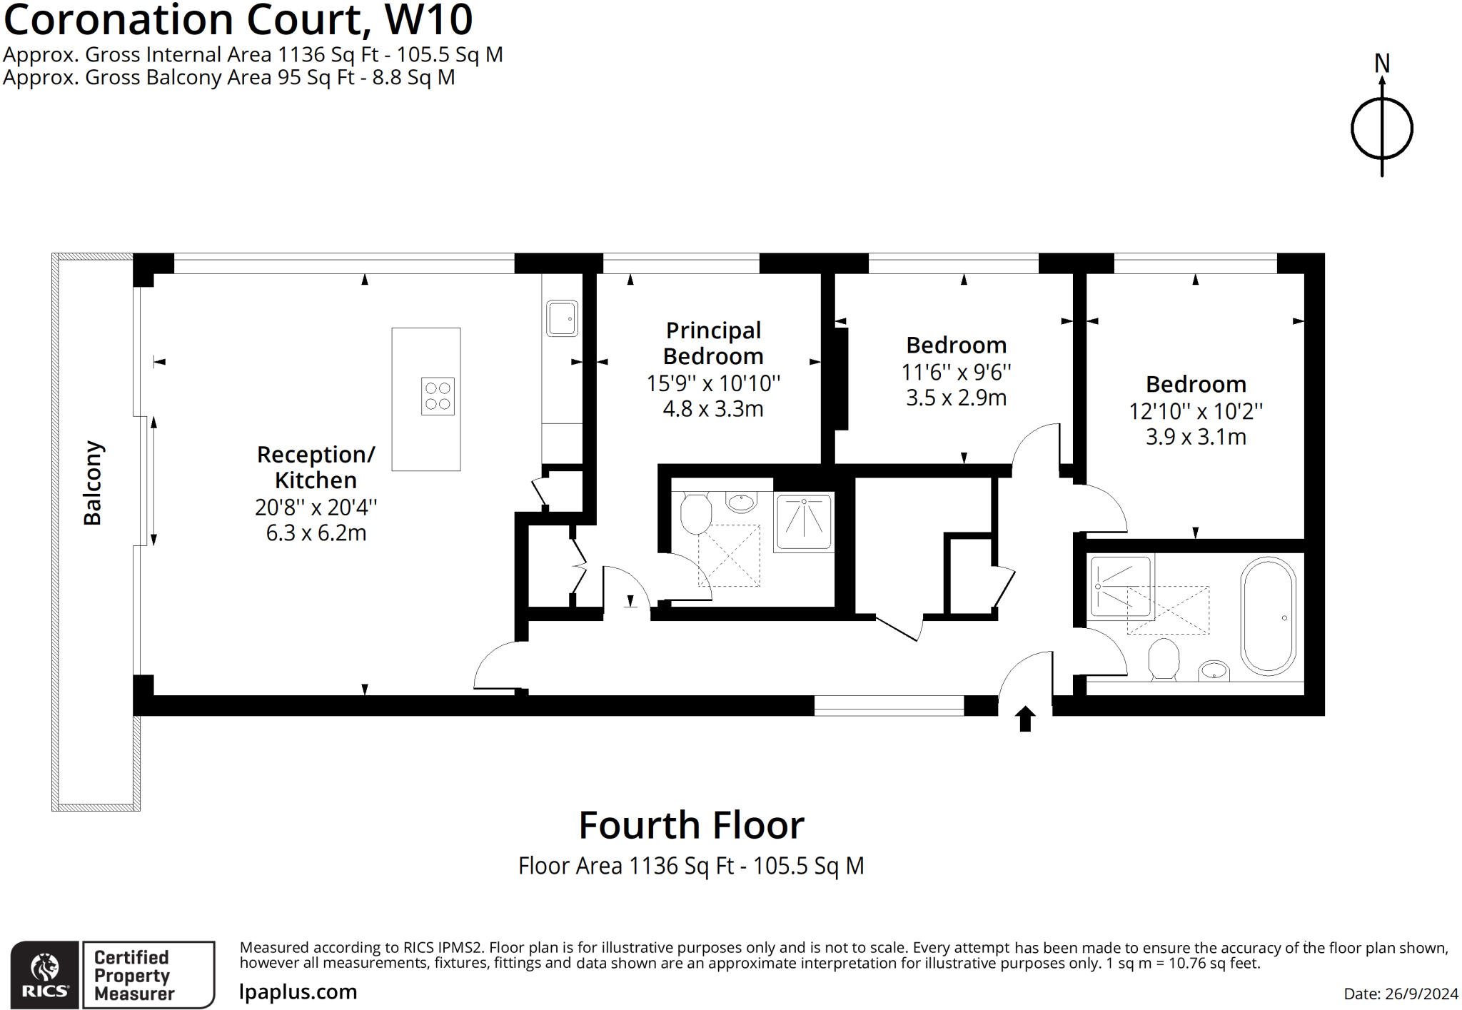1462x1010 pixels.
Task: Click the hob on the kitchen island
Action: [438, 396]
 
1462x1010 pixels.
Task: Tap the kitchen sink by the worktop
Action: [562, 318]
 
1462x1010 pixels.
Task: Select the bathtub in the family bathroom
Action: [1269, 616]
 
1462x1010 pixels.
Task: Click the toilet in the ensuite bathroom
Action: [695, 514]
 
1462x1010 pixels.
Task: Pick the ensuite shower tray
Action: [804, 522]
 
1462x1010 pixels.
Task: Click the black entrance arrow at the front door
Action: [1025, 719]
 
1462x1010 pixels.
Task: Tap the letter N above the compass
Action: [1382, 64]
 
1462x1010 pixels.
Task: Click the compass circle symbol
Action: [1382, 129]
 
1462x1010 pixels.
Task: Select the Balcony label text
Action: [93, 483]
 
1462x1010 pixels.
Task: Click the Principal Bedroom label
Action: [713, 343]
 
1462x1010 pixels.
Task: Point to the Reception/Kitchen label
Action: [316, 467]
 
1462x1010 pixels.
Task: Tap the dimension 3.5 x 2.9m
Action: [956, 398]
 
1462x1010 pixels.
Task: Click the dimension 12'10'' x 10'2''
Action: [1196, 411]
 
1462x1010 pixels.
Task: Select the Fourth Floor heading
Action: [691, 825]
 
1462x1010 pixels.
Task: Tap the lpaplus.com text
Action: [298, 991]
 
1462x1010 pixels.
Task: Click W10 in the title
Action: [428, 19]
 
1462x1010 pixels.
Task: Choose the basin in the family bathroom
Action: [1213, 670]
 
